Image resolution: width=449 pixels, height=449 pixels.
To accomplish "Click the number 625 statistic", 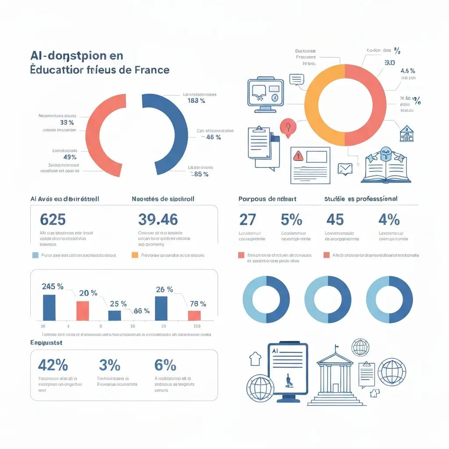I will (x=53, y=219).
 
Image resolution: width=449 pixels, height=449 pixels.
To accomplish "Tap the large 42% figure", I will (x=53, y=365).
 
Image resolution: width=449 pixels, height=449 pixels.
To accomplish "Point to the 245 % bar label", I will (x=53, y=287).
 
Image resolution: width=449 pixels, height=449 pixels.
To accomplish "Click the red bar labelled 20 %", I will (x=82, y=310).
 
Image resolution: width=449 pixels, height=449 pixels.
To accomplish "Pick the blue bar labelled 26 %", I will (x=161, y=308).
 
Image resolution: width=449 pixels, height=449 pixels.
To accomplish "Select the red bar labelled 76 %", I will (x=194, y=315).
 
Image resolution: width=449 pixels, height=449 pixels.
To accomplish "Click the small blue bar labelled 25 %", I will (x=114, y=315).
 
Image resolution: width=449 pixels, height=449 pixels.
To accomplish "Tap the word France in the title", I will (x=151, y=70).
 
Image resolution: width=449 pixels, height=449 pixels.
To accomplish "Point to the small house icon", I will (x=406, y=134).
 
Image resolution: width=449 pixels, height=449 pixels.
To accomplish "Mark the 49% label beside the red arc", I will (x=70, y=157).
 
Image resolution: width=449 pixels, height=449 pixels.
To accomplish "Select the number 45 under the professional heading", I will (x=335, y=219).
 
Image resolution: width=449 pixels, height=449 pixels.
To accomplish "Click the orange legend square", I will (x=135, y=255).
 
